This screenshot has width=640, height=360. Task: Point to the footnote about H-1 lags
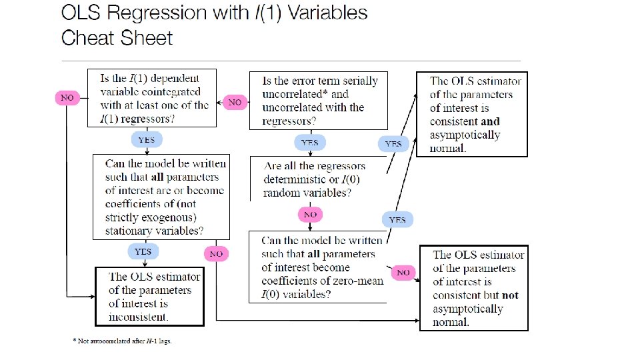coord(122,341)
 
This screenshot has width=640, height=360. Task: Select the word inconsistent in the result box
coord(139,317)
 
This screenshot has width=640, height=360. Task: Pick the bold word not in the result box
coord(510,295)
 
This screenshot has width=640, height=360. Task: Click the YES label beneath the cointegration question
coord(147,139)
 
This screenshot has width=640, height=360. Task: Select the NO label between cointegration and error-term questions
coord(235,103)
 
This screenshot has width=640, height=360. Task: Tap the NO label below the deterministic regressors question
coord(310,214)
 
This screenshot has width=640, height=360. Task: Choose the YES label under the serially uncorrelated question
coord(310,142)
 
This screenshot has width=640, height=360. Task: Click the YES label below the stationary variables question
coord(143,251)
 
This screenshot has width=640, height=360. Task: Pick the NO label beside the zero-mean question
coord(403,272)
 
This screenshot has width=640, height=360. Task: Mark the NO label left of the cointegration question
coord(67,97)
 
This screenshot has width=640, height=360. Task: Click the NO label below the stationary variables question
coord(216,253)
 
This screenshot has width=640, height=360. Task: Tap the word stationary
coord(131,231)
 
